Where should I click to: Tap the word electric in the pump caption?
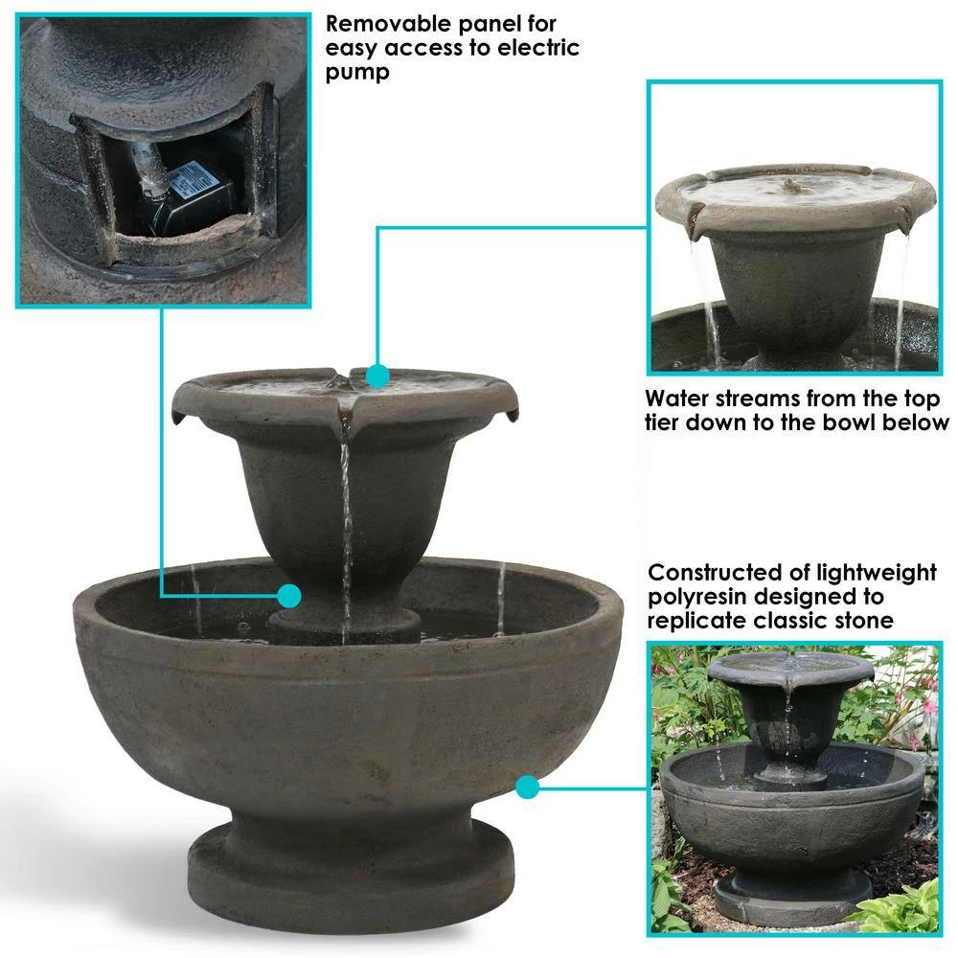coord(533,48)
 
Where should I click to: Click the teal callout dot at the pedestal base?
coord(288,596)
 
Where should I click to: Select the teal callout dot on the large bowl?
coord(527,787)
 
